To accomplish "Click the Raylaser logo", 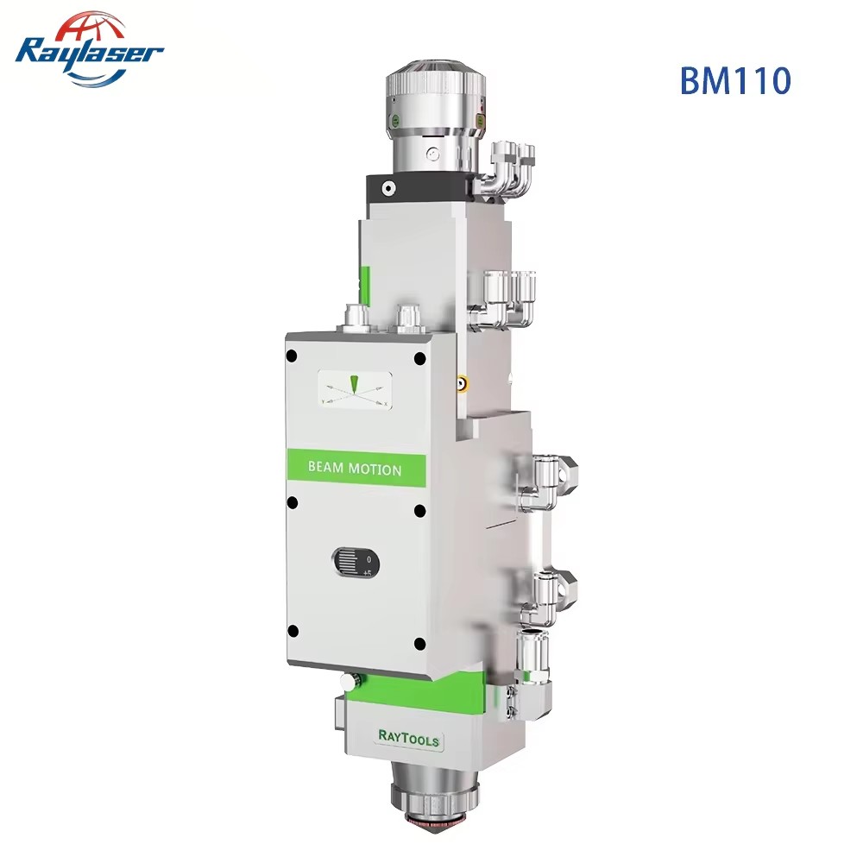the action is pyautogui.click(x=89, y=49).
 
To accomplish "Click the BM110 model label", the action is pyautogui.click(x=735, y=80).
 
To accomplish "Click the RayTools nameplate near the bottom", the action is pyautogui.click(x=409, y=737).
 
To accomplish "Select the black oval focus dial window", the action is pyautogui.click(x=356, y=563).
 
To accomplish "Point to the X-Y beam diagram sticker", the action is pyautogui.click(x=355, y=391).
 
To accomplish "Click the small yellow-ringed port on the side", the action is pyautogui.click(x=463, y=382).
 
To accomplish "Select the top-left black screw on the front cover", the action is pyautogui.click(x=292, y=356).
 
